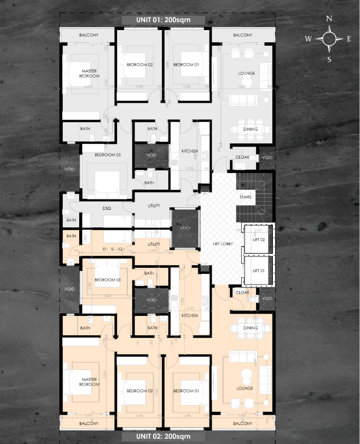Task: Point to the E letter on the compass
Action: click(x=349, y=38)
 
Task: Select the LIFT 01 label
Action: click(x=258, y=271)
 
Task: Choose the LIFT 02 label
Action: click(x=258, y=239)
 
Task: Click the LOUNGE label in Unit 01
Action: click(x=247, y=73)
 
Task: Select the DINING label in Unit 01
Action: click(x=251, y=129)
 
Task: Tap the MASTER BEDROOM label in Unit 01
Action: click(x=89, y=73)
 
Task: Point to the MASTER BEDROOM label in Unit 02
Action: click(x=89, y=382)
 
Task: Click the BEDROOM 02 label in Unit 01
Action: click(x=139, y=65)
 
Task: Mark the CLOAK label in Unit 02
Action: click(x=242, y=292)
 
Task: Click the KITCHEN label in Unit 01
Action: click(x=190, y=151)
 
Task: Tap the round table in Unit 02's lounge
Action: click(x=245, y=376)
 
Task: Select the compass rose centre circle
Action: click(x=329, y=38)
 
